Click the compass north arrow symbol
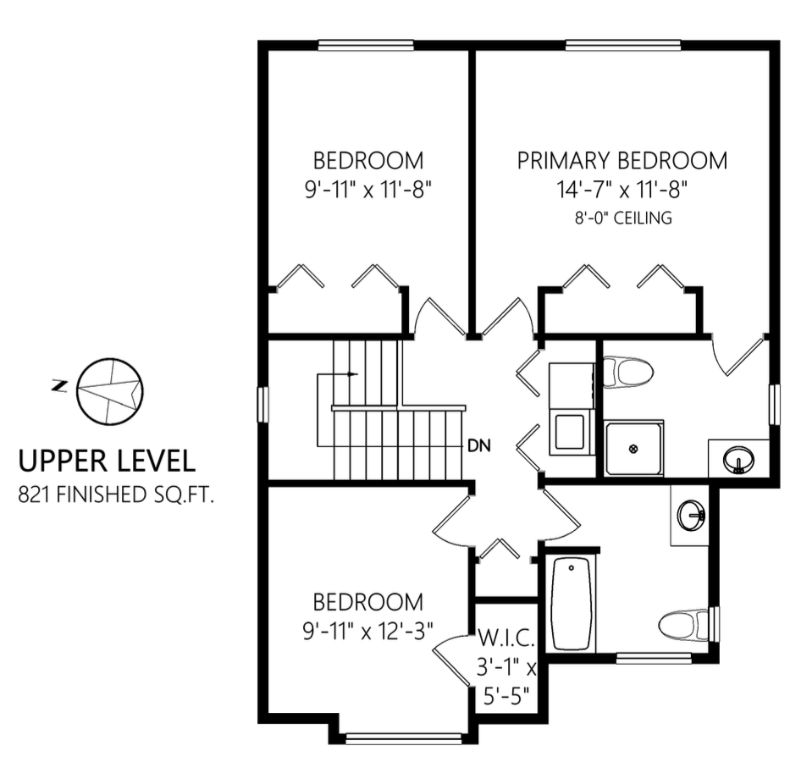coord(110,390)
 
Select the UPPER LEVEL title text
coord(108,461)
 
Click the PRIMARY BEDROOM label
coord(622,161)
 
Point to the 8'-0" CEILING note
coord(622,218)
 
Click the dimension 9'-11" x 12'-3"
coord(367,631)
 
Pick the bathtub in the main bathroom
coord(570,603)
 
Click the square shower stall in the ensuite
coord(634,448)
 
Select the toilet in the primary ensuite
coord(628,372)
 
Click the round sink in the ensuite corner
coord(738,461)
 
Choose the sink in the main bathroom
coord(690,513)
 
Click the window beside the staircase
coord(263,404)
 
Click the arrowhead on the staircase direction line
coord(353,373)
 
